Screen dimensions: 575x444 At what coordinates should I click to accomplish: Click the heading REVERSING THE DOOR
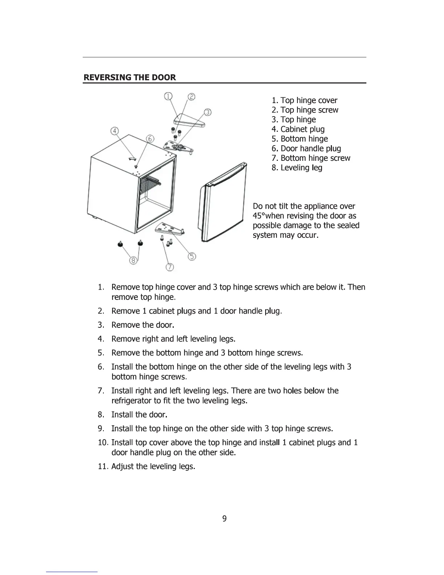coord(129,77)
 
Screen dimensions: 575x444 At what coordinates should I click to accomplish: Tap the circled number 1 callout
coord(168,96)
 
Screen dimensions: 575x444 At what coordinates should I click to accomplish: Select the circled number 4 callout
coord(115,131)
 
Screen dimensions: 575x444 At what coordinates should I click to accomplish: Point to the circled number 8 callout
coord(133,260)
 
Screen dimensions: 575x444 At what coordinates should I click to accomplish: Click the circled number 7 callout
coord(169,268)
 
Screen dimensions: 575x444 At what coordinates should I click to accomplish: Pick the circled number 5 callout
coord(192,257)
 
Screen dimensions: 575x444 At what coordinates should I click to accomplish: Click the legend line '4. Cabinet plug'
coord(298,129)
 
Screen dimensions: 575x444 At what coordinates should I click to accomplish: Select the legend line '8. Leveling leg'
coord(297,168)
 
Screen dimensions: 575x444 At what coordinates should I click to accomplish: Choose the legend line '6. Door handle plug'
coord(306,148)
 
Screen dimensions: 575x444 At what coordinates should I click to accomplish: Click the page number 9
coord(224,519)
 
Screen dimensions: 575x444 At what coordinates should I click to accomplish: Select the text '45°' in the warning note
coord(259,216)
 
